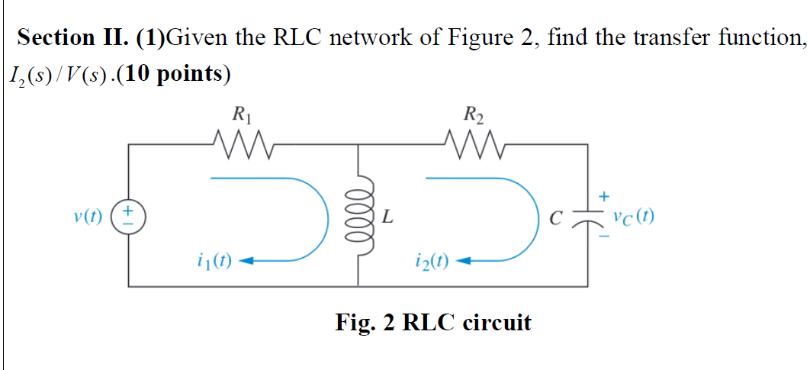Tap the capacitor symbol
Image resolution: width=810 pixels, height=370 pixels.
click(587, 217)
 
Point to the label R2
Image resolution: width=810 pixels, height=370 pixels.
click(473, 117)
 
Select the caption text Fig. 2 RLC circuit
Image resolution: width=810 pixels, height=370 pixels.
click(432, 322)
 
